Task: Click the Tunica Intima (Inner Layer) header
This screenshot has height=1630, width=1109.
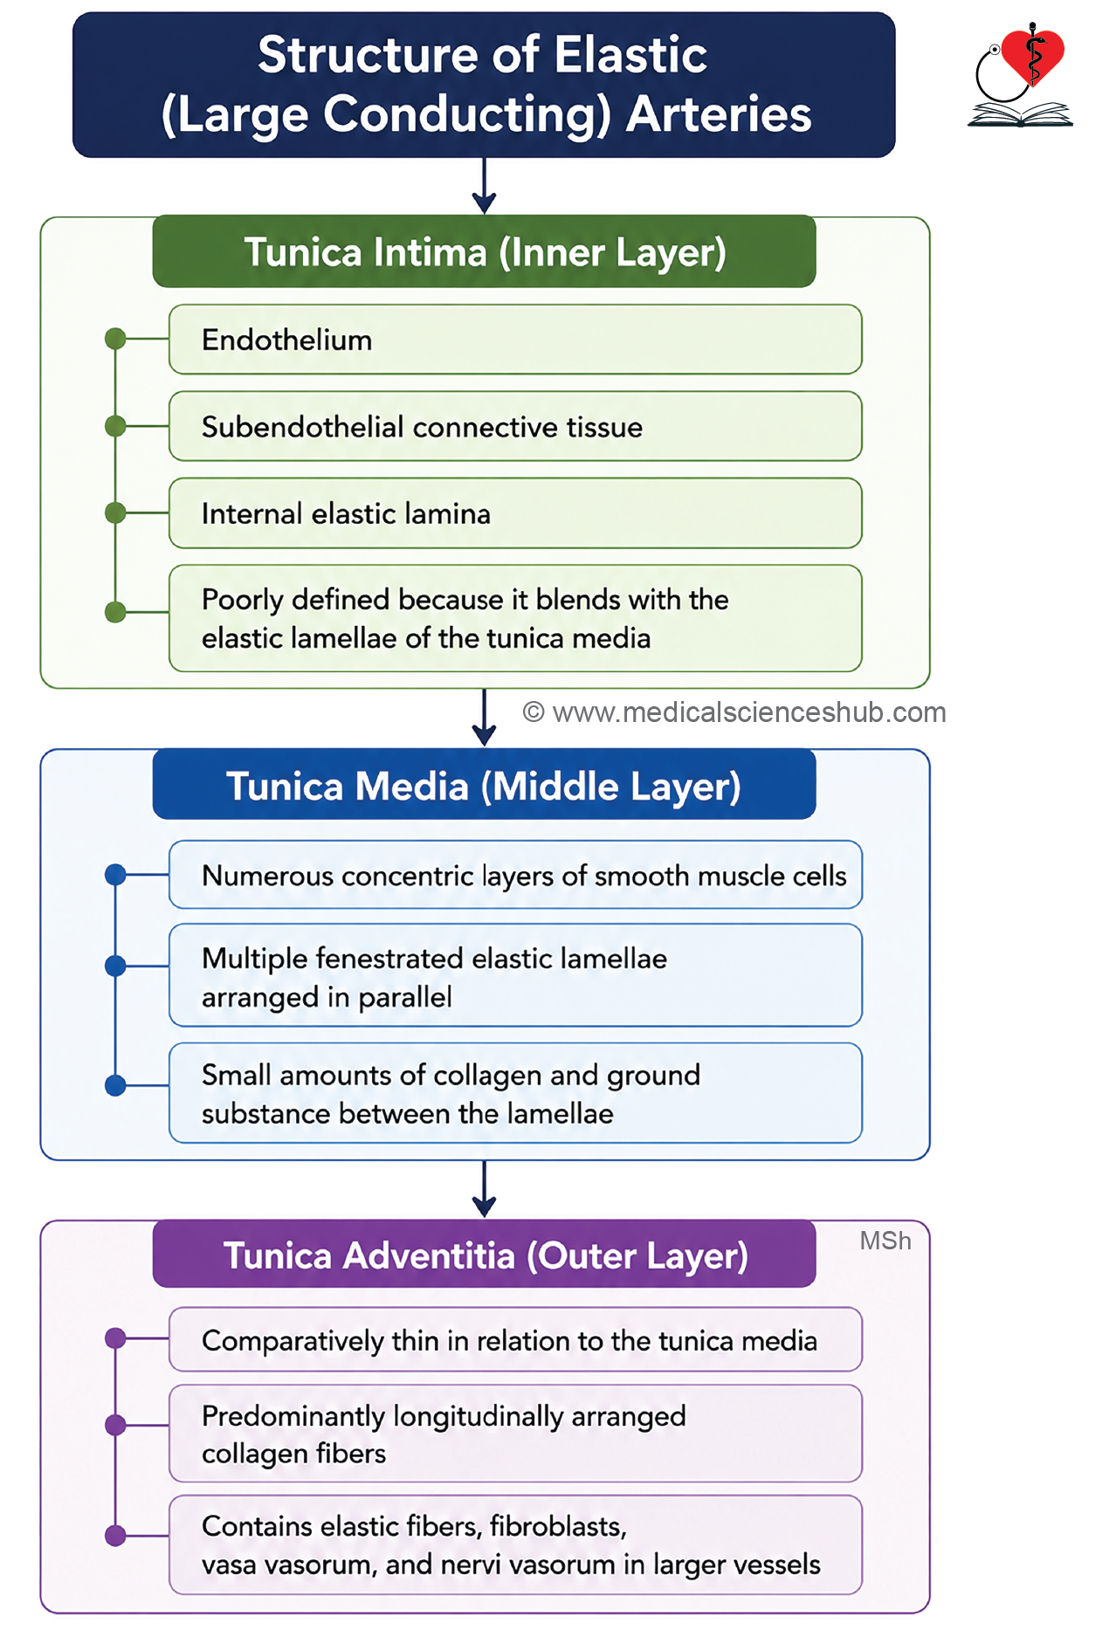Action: click(484, 251)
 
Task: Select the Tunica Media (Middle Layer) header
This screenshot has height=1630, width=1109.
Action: click(484, 785)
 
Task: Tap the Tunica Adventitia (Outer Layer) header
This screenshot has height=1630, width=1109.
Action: click(484, 1255)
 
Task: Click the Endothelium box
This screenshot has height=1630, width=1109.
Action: click(515, 340)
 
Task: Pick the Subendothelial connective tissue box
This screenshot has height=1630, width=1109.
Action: click(515, 426)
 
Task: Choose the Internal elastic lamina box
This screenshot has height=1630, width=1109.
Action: click(515, 513)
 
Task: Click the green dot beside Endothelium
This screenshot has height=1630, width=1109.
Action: click(115, 339)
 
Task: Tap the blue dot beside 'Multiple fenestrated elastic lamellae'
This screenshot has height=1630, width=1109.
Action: click(115, 966)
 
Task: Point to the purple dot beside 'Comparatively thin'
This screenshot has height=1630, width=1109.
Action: click(115, 1338)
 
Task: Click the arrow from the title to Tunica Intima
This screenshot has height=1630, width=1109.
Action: click(484, 186)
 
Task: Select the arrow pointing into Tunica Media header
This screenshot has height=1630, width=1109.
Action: click(484, 718)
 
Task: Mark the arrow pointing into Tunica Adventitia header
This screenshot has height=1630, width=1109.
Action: click(484, 1189)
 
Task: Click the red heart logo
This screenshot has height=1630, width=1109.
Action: click(1033, 55)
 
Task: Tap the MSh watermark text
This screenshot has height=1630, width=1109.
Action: click(885, 1241)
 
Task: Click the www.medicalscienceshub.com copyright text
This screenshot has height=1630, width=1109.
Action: click(734, 712)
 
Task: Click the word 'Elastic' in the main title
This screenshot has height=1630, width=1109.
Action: click(630, 55)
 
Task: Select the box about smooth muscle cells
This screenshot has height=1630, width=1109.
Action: click(515, 875)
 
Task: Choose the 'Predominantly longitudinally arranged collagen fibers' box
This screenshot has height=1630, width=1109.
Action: click(515, 1434)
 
